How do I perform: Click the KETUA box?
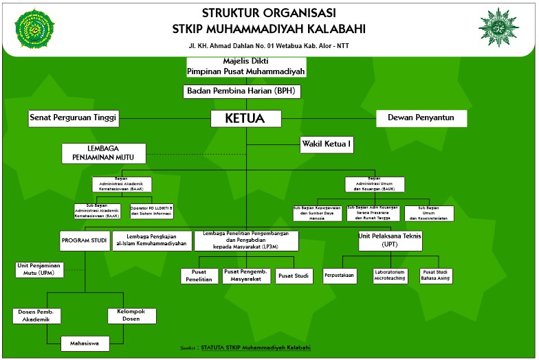245,118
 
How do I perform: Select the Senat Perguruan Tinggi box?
74,118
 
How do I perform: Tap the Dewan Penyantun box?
421,118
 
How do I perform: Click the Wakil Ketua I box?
327,144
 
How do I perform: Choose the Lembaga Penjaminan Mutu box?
103,153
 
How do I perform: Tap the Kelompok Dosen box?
131,316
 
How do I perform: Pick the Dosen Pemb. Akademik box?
37,316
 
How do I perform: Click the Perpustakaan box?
340,275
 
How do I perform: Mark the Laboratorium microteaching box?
390,275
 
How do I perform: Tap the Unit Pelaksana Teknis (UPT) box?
390,240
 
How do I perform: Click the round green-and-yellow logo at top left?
34,30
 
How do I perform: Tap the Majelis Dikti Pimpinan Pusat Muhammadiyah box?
245,67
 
